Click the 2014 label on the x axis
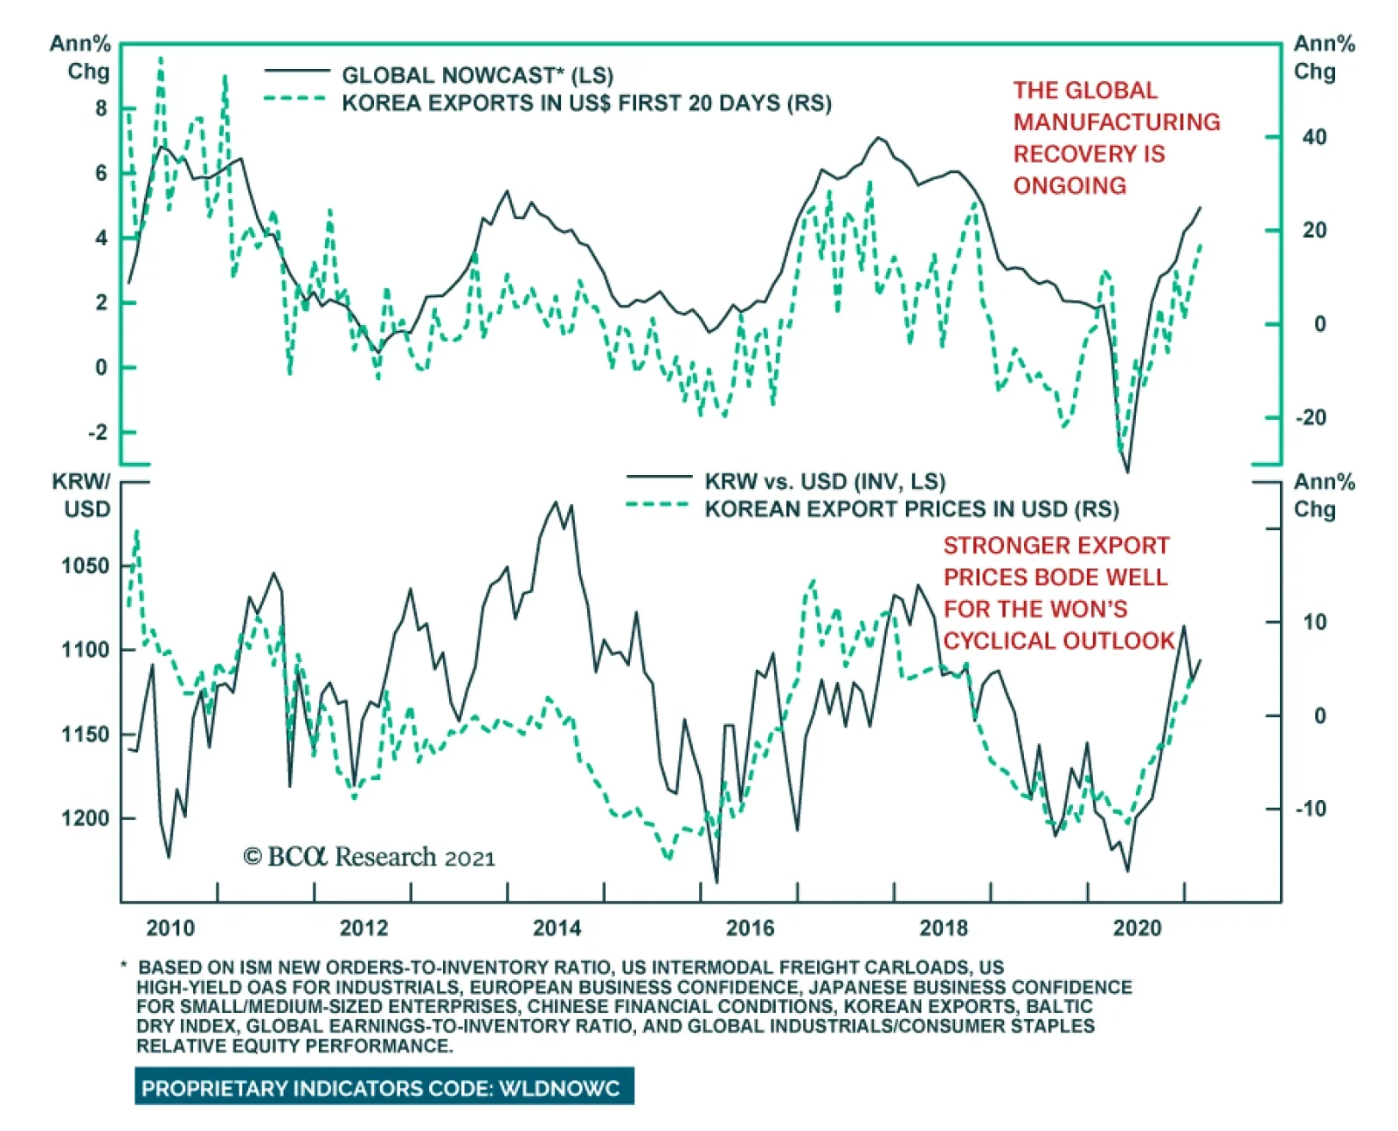coord(557,928)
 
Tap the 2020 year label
coord(1137,928)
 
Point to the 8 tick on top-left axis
coord(101,108)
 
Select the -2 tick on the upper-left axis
coord(97,432)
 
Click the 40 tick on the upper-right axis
coord(1313,137)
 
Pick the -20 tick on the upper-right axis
coord(1310,417)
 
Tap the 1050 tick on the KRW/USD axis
coord(85,566)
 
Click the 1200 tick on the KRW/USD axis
coord(85,818)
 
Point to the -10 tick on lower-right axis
coord(1310,809)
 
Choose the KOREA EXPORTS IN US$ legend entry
coord(585,103)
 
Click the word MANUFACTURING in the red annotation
coord(1117,122)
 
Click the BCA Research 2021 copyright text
coord(369,858)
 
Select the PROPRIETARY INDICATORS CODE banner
coord(384,1088)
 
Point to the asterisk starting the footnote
coord(124,966)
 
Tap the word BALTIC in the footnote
coord(1059,1006)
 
